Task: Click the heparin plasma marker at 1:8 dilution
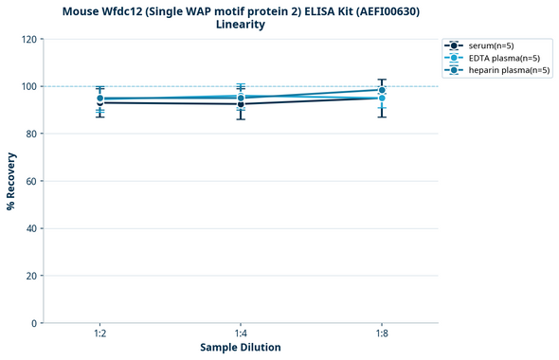(382, 91)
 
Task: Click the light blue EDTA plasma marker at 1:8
(382, 99)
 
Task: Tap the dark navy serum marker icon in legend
(455, 45)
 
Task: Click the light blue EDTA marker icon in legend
(455, 58)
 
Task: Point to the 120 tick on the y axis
(30, 39)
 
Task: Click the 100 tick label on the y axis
(30, 86)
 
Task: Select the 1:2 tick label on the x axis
(99, 334)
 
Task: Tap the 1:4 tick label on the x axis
(241, 334)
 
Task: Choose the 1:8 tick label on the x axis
(382, 334)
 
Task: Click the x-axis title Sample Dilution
(241, 348)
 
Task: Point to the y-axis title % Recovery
(11, 181)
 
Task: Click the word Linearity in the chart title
(241, 25)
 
